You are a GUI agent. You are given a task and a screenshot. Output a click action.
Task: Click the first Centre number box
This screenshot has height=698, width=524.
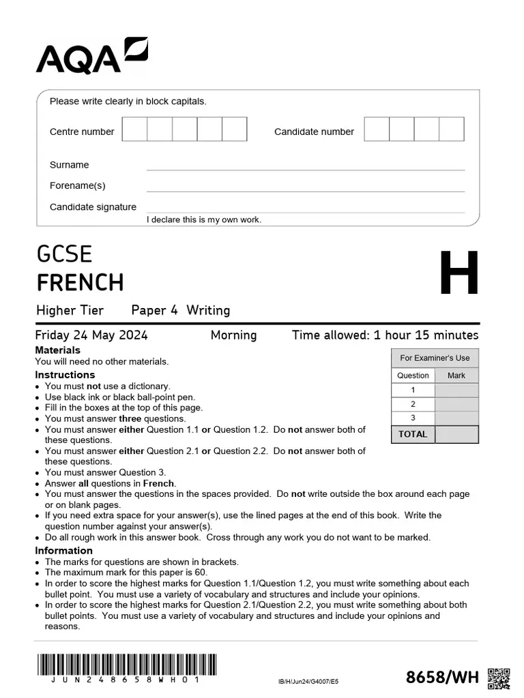(134, 129)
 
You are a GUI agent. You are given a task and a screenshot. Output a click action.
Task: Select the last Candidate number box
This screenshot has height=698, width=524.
(451, 129)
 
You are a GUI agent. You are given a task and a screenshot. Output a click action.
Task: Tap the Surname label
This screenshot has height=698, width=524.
(69, 165)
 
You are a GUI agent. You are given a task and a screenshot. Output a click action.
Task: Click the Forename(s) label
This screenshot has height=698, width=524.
(77, 185)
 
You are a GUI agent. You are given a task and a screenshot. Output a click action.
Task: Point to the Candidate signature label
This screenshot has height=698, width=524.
(93, 207)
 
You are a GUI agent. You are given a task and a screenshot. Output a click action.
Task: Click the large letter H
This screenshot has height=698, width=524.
(458, 273)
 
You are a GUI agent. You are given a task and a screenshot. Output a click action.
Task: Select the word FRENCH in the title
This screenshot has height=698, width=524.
(80, 282)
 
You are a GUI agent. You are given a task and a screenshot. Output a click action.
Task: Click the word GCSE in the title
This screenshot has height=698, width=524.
(64, 254)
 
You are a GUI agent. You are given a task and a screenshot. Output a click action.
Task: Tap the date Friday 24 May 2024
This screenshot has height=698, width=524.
(91, 335)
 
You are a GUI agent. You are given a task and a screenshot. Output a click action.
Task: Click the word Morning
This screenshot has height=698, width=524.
(233, 335)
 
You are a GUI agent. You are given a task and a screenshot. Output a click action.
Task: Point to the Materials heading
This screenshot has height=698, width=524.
(57, 350)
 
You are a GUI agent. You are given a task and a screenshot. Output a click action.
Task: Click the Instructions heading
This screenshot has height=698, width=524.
(65, 375)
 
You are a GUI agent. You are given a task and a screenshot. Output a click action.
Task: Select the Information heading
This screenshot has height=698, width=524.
(63, 551)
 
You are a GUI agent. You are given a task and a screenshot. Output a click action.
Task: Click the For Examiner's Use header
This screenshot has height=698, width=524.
(435, 358)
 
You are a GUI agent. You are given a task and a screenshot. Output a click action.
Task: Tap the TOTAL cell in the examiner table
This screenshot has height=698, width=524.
(413, 434)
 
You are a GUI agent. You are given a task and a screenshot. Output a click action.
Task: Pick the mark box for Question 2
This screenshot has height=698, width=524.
(456, 404)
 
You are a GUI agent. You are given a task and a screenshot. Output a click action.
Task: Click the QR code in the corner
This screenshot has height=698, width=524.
(499, 678)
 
